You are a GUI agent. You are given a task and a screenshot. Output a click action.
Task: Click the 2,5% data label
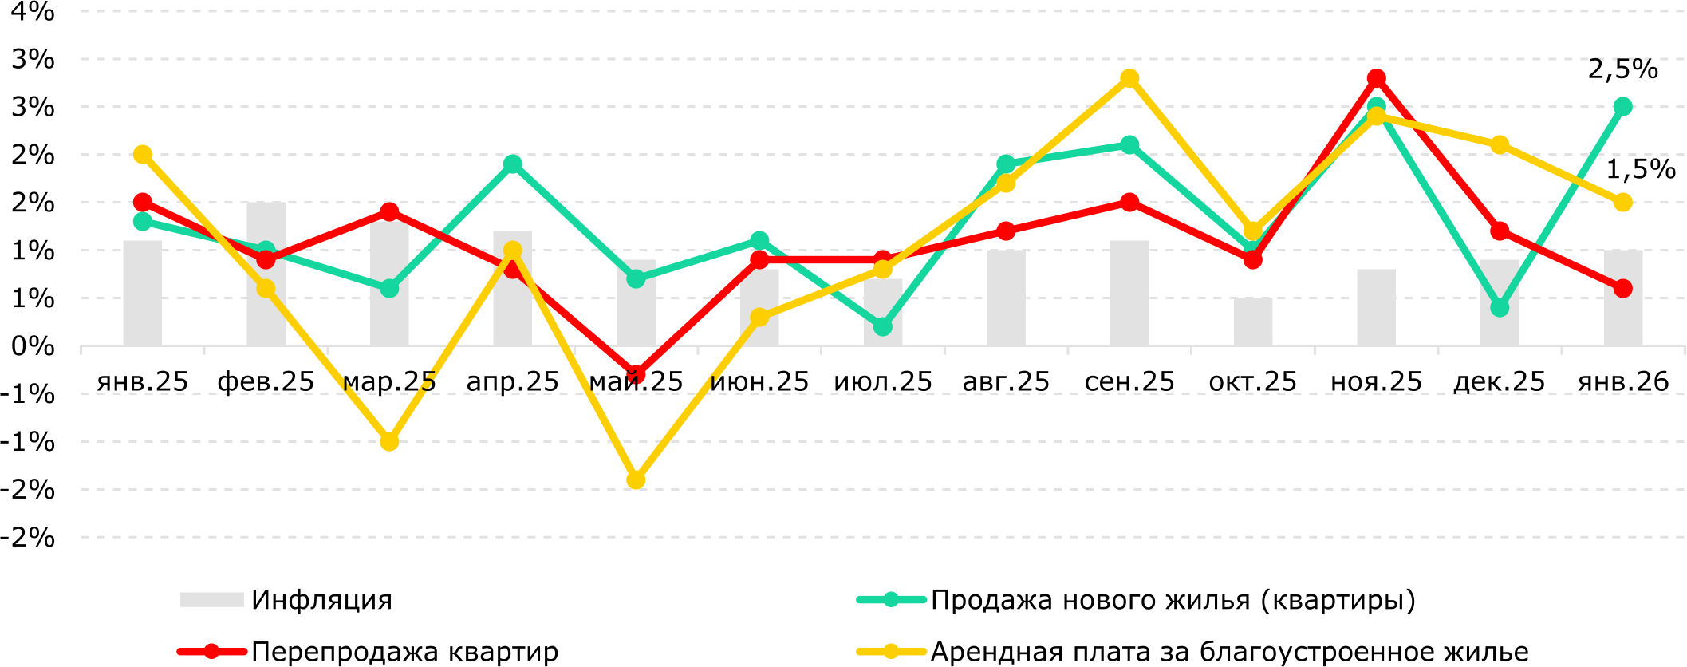(x=1622, y=69)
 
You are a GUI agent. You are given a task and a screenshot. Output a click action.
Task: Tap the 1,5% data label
(x=1640, y=169)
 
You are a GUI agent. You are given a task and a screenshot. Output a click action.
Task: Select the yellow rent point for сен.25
(x=1129, y=78)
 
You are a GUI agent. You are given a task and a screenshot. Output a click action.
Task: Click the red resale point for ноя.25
(x=1376, y=78)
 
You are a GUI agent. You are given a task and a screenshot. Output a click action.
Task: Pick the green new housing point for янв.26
(x=1622, y=107)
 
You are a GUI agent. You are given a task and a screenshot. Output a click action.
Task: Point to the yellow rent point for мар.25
(x=389, y=441)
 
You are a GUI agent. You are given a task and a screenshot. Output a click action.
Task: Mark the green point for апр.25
(x=513, y=164)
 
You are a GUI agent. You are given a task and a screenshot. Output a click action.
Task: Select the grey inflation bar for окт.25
(x=1252, y=322)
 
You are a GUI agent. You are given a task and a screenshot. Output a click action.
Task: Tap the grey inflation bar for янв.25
(x=143, y=294)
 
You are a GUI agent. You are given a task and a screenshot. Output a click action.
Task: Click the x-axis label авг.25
(x=1006, y=381)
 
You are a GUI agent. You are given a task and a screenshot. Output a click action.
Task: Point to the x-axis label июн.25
(x=759, y=381)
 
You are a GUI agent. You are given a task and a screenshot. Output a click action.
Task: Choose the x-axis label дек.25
(x=1500, y=381)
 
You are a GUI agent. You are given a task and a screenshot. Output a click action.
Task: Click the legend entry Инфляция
(x=321, y=600)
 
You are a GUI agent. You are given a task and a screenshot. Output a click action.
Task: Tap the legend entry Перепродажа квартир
(x=404, y=652)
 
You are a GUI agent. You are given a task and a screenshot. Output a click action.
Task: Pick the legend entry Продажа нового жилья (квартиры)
(x=1173, y=600)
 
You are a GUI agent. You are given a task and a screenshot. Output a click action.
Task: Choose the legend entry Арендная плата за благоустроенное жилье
(x=1229, y=652)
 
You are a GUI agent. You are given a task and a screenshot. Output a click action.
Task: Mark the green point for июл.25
(x=882, y=326)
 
